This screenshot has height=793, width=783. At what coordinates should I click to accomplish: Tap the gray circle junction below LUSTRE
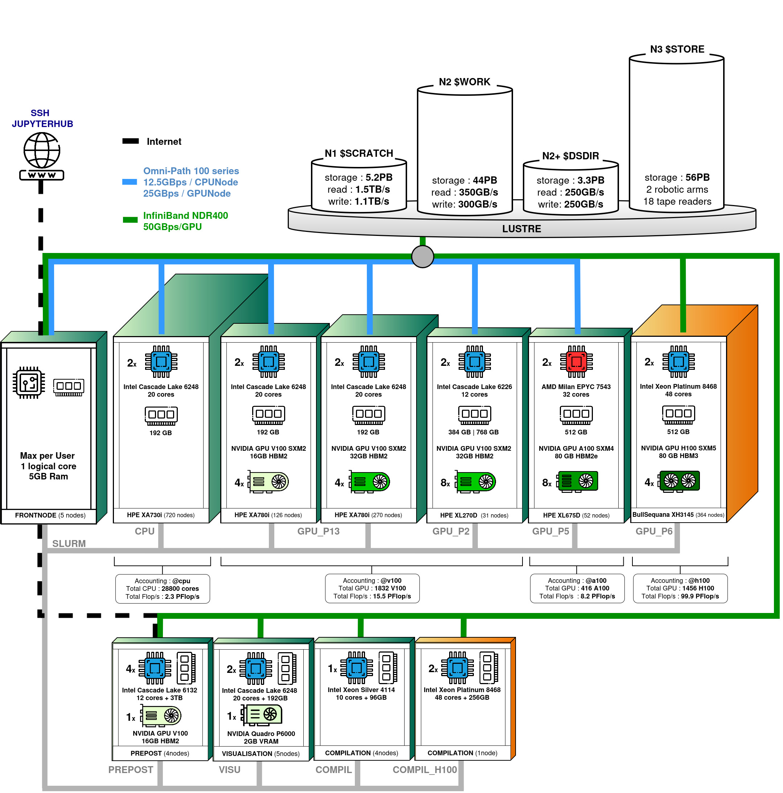pyautogui.click(x=422, y=257)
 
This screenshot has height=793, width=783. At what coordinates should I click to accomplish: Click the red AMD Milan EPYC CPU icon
pyautogui.click(x=576, y=361)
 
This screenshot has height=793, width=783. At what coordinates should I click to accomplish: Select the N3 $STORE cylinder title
pyautogui.click(x=677, y=49)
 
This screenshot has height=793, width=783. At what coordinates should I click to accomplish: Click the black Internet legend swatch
pyautogui.click(x=131, y=141)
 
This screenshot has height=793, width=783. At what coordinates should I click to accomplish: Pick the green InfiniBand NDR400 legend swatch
pyautogui.click(x=130, y=220)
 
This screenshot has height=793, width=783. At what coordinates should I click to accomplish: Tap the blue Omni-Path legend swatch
pyautogui.click(x=130, y=182)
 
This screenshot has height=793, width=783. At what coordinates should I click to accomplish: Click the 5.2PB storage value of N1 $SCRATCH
pyautogui.click(x=379, y=177)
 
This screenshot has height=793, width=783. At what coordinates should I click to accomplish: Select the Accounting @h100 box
pyautogui.click(x=680, y=588)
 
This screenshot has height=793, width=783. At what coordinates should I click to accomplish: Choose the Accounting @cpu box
pyautogui.click(x=163, y=589)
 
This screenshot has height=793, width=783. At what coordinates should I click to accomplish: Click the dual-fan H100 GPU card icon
pyautogui.click(x=679, y=481)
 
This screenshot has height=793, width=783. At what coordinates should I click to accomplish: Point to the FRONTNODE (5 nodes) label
pyautogui.click(x=50, y=515)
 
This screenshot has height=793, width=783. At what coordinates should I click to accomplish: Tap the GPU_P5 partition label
pyautogui.click(x=550, y=531)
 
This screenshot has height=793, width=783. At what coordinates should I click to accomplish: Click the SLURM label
pyautogui.click(x=69, y=543)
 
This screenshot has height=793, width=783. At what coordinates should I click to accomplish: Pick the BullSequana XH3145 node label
pyautogui.click(x=678, y=515)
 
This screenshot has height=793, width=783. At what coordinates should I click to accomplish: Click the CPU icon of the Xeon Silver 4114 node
pyautogui.click(x=356, y=668)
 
